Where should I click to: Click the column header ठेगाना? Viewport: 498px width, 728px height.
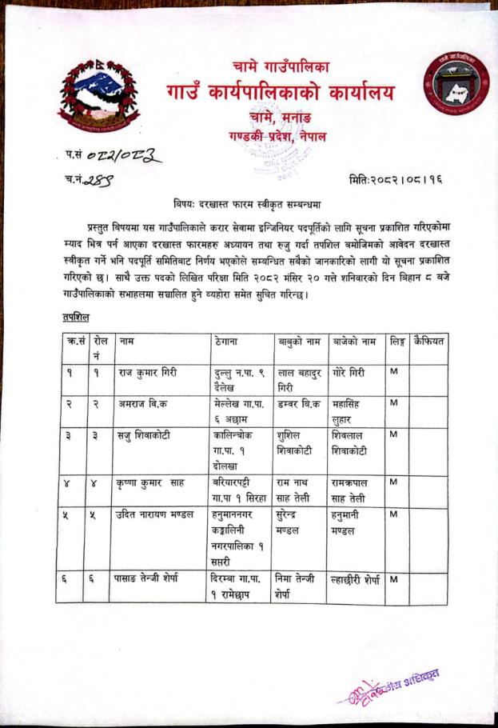229,342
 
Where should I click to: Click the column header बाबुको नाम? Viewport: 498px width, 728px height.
301,342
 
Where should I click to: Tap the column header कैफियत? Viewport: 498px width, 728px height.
428,342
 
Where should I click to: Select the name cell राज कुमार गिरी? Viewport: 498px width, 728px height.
146,372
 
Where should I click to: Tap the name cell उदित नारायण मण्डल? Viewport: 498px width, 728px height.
155,514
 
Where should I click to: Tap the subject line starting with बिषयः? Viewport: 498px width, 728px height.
249,203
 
